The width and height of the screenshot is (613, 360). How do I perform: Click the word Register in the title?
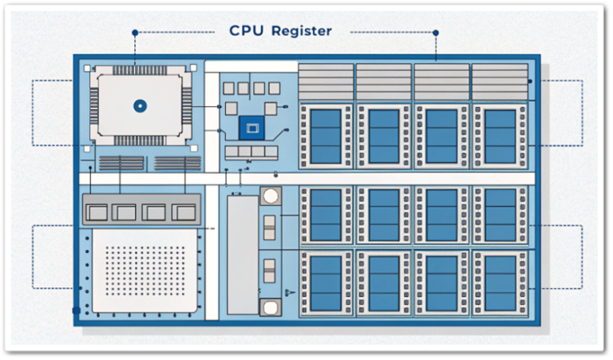[301, 31]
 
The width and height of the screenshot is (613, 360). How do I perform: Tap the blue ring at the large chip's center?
[139, 104]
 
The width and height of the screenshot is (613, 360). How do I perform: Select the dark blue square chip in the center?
[251, 126]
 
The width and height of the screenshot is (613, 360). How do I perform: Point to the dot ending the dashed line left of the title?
[135, 33]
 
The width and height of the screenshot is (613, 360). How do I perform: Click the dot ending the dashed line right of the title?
[435, 33]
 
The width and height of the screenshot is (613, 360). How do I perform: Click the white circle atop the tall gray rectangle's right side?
[271, 196]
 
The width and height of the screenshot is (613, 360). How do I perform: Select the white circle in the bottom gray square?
[271, 307]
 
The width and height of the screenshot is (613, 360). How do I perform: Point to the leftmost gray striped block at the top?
[325, 81]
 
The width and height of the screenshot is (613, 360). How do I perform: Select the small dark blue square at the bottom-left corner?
[77, 310]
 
